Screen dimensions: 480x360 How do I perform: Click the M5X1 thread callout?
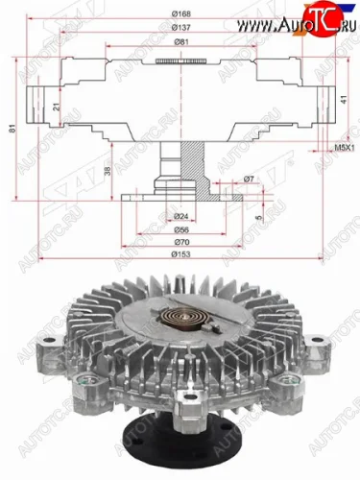(331, 148)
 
